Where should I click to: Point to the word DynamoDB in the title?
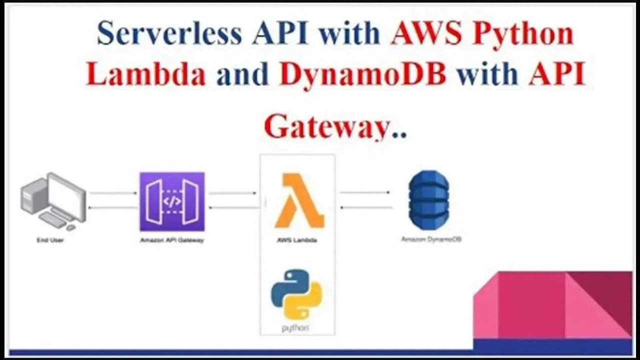(x=362, y=75)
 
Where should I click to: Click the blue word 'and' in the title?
(x=242, y=75)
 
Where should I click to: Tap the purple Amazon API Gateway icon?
(x=172, y=201)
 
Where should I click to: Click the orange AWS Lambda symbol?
(x=299, y=201)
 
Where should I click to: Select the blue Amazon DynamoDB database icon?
(x=428, y=200)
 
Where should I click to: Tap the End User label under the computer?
(x=50, y=240)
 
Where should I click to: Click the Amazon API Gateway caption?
(x=172, y=240)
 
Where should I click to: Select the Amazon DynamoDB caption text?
(x=431, y=239)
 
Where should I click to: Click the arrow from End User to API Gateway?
(x=113, y=193)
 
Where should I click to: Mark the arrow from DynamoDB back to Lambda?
(x=366, y=207)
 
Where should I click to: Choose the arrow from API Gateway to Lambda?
(x=232, y=193)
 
